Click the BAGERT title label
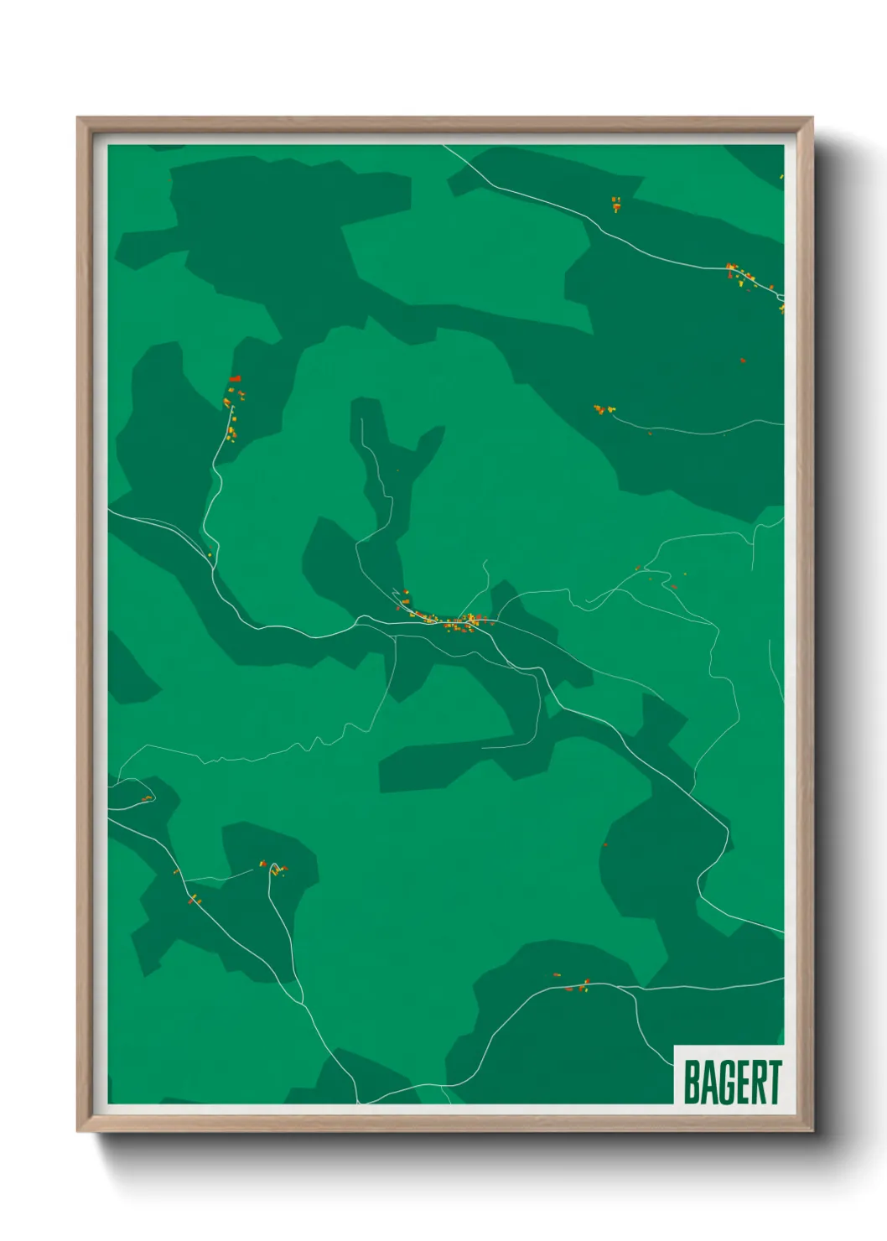click(x=732, y=1082)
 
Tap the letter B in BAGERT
click(x=692, y=1083)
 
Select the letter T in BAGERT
click(x=775, y=1083)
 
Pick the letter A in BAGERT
click(x=708, y=1083)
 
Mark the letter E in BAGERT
click(x=741, y=1083)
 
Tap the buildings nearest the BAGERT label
click(x=577, y=985)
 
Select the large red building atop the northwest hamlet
click(x=236, y=379)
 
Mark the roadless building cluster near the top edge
click(x=616, y=204)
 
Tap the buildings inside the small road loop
click(x=146, y=798)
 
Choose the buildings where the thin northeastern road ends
click(x=602, y=410)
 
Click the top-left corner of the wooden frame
click(x=78, y=118)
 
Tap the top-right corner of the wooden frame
click(x=812, y=118)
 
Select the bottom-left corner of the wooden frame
click(x=78, y=1131)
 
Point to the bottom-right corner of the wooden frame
click(x=812, y=1131)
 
